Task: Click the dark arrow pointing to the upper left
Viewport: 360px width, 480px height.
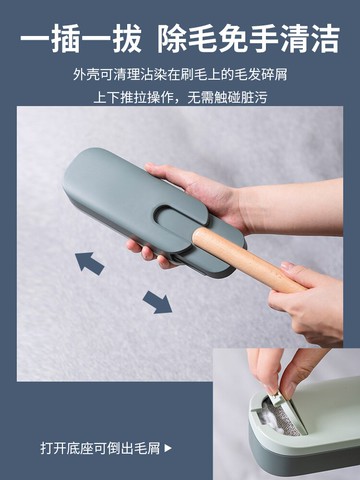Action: click(x=90, y=263)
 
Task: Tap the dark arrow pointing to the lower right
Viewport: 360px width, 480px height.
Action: click(x=157, y=301)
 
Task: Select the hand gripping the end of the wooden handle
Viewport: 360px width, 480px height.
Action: click(x=312, y=300)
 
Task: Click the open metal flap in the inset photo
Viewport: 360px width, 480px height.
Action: click(x=284, y=412)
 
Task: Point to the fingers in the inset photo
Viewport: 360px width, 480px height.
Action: click(x=285, y=370)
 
